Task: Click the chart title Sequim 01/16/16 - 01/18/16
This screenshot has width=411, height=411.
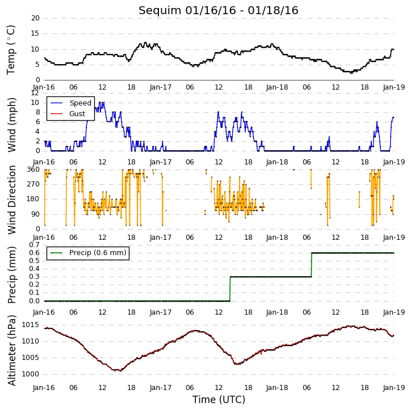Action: pyautogui.click(x=219, y=10)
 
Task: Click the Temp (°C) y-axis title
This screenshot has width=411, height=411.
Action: pyautogui.click(x=10, y=50)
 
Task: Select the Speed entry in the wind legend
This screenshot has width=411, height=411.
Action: pyautogui.click(x=80, y=103)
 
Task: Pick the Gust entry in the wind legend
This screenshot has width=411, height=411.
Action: pyautogui.click(x=77, y=114)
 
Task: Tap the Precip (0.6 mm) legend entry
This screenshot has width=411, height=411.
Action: pyautogui.click(x=98, y=253)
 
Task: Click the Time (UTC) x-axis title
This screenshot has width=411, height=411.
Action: pyautogui.click(x=219, y=400)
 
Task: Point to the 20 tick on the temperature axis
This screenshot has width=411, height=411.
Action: pyautogui.click(x=35, y=18)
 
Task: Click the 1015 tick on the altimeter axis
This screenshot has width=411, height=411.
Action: pyautogui.click(x=31, y=325)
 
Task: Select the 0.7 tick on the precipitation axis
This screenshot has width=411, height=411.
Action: pyautogui.click(x=35, y=245)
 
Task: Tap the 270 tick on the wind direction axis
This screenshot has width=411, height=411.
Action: pyautogui.click(x=33, y=184)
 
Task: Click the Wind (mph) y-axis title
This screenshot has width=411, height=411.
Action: pyautogui.click(x=11, y=125)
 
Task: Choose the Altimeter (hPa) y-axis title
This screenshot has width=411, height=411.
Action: pyautogui.click(x=11, y=350)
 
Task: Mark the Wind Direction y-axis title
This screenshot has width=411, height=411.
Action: pyautogui.click(x=11, y=200)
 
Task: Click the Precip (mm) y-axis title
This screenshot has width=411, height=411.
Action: pyautogui.click(x=11, y=275)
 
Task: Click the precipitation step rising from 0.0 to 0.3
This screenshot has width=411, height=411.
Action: pyautogui.click(x=230, y=289)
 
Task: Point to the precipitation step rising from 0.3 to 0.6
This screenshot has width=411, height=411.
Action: pyautogui.click(x=312, y=265)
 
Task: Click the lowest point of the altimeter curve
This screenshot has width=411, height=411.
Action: pyautogui.click(x=120, y=371)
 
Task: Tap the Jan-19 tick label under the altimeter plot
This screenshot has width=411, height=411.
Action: pyautogui.click(x=394, y=387)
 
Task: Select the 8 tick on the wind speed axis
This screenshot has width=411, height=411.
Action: pyautogui.click(x=38, y=112)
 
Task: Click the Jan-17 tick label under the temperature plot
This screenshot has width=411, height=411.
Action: pyautogui.click(x=161, y=87)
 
